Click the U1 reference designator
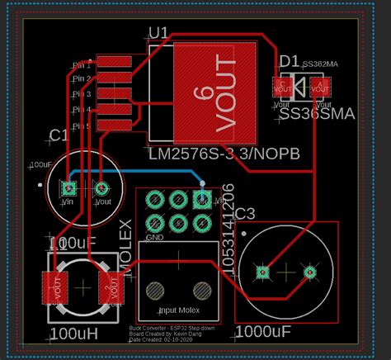[158, 33]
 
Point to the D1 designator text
[290, 61]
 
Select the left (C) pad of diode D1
[281, 85]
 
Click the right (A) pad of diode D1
[323, 85]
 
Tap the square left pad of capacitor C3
[261, 271]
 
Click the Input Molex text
[179, 310]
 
